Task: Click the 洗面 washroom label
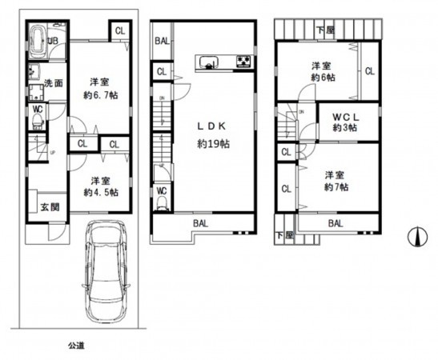coord(54,82)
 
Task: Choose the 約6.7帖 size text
coord(102,94)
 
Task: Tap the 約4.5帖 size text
coord(102,192)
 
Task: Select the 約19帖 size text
coord(214,144)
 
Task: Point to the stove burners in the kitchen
coord(243,61)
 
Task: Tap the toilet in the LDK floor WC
coord(163,203)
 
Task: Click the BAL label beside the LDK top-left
coord(161,41)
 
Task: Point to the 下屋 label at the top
coord(324,30)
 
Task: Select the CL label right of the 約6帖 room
coord(369,71)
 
